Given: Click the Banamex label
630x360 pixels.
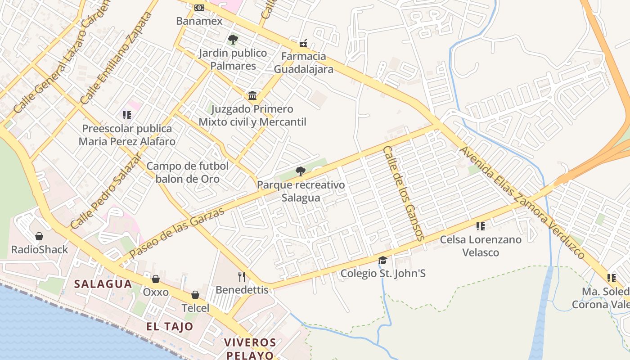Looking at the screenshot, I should coord(199,21).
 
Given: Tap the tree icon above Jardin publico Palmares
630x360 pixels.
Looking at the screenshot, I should coord(233,40).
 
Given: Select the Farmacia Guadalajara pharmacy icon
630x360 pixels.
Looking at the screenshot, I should coord(303,43).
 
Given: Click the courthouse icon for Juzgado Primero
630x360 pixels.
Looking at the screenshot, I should coord(252,95).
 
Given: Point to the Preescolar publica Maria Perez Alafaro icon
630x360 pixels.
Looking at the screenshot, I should coord(126,115).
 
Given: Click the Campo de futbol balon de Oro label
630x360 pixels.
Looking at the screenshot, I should coord(188,172).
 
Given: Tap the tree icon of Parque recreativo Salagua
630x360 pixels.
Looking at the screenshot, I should coord(300,171).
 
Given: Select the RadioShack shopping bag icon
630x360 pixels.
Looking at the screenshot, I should coord(39,236).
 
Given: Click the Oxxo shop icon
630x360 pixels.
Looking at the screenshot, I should coord(156,279).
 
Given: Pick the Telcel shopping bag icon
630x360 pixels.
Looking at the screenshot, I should coord(195,295).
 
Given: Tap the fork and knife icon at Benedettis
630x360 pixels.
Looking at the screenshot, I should coord(242,276).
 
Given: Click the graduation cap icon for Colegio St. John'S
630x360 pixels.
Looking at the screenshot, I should coord(382,260).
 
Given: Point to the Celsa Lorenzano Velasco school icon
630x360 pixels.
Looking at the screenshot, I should coord(480,226).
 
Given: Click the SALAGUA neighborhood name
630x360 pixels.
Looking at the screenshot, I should coord(103,284).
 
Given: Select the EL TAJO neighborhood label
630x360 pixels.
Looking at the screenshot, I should coord(170,327).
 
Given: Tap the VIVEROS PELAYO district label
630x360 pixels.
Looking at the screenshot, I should coord(250,349).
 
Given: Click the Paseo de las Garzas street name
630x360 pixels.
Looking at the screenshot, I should coord(176,233).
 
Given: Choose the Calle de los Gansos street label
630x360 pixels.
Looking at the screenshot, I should coord(403,193).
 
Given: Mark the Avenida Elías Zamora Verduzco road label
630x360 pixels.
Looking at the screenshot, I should coord(522,202).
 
